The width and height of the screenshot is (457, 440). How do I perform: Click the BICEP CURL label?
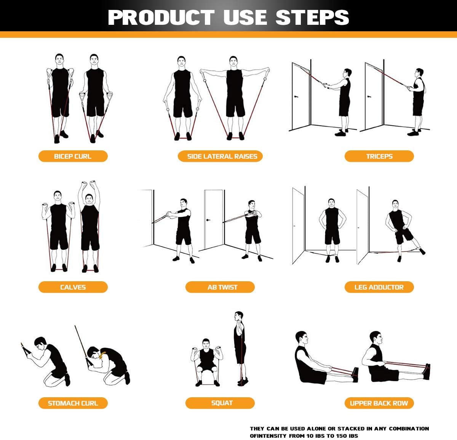(x=73, y=156)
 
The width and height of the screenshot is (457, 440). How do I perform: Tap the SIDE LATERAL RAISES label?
(x=222, y=156)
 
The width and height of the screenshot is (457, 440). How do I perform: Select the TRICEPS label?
(x=379, y=156)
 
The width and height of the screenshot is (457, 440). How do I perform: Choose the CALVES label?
(x=73, y=287)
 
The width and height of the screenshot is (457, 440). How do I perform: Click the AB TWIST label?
(x=222, y=287)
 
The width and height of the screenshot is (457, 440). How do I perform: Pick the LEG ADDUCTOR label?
(x=379, y=287)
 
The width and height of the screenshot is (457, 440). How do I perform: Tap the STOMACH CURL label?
(x=73, y=403)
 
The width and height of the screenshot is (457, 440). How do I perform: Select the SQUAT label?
(x=222, y=403)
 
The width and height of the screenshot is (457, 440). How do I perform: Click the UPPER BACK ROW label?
(x=379, y=403)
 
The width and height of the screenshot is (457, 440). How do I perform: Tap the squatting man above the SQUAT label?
(x=206, y=361)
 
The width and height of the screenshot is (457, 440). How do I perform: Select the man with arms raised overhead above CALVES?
(x=89, y=225)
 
